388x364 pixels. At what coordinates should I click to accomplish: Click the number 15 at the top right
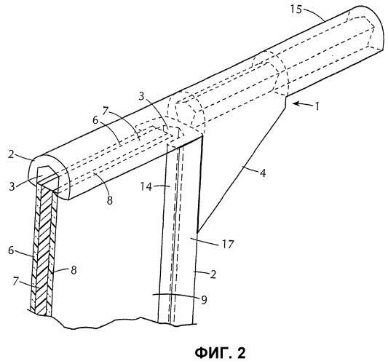tap(296, 10)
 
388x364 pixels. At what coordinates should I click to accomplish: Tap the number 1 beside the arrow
tap(317, 106)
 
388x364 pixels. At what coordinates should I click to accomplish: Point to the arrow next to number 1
tap(300, 104)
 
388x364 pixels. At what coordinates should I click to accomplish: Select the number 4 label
tap(263, 173)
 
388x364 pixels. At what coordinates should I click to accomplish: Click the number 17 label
tap(228, 244)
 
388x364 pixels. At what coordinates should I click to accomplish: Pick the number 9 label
tap(204, 300)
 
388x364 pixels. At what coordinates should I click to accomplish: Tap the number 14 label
tap(146, 186)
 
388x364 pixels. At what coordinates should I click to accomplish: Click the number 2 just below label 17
tap(213, 274)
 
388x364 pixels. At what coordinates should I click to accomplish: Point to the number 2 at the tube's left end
tap(11, 155)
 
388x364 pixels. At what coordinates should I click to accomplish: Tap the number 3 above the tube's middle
tap(141, 96)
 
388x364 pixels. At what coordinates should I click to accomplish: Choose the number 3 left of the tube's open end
tap(12, 186)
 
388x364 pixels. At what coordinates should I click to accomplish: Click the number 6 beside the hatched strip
tap(11, 250)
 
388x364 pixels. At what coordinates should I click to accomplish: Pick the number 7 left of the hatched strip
tap(16, 281)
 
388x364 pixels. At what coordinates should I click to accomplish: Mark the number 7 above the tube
tap(106, 111)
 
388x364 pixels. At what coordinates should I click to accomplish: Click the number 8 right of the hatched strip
tap(74, 270)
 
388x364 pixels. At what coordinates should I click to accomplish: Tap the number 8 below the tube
tap(110, 200)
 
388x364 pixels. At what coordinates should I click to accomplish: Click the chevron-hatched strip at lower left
tap(42, 250)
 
